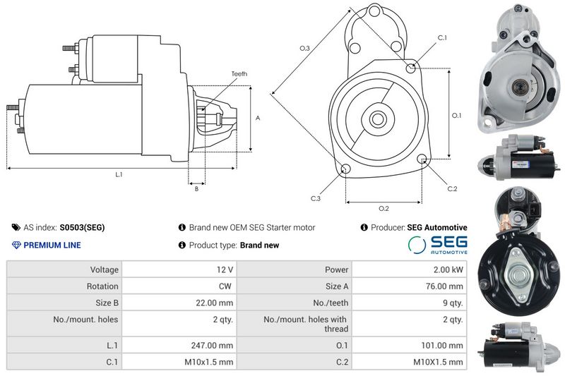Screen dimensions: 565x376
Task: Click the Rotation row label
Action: [102, 286]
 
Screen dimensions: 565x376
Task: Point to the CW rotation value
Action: [225, 286]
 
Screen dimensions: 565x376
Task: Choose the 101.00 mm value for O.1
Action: [442, 346]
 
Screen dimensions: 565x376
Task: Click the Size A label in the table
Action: [337, 286]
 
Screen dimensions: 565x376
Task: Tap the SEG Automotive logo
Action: [438, 245]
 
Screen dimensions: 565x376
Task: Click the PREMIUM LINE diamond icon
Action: [16, 245]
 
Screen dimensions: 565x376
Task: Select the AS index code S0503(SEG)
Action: [82, 227]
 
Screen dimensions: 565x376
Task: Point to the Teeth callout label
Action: [239, 74]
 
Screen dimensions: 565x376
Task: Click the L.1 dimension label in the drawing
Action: [119, 174]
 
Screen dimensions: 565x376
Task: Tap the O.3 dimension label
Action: [305, 48]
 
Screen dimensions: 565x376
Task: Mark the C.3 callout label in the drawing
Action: [316, 198]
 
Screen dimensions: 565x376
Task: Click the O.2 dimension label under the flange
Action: [383, 208]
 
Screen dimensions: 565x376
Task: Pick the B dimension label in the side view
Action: [196, 188]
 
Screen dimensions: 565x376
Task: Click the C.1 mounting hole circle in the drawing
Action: [410, 68]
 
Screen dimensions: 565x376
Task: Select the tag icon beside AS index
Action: [16, 227]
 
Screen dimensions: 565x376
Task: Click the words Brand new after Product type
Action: [259, 245]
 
